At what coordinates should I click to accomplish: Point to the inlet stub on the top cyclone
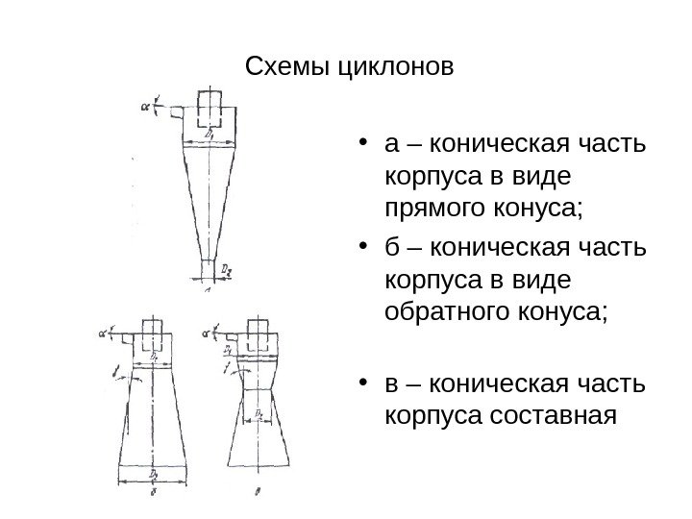[177, 113]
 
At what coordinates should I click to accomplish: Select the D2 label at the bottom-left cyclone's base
[154, 474]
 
